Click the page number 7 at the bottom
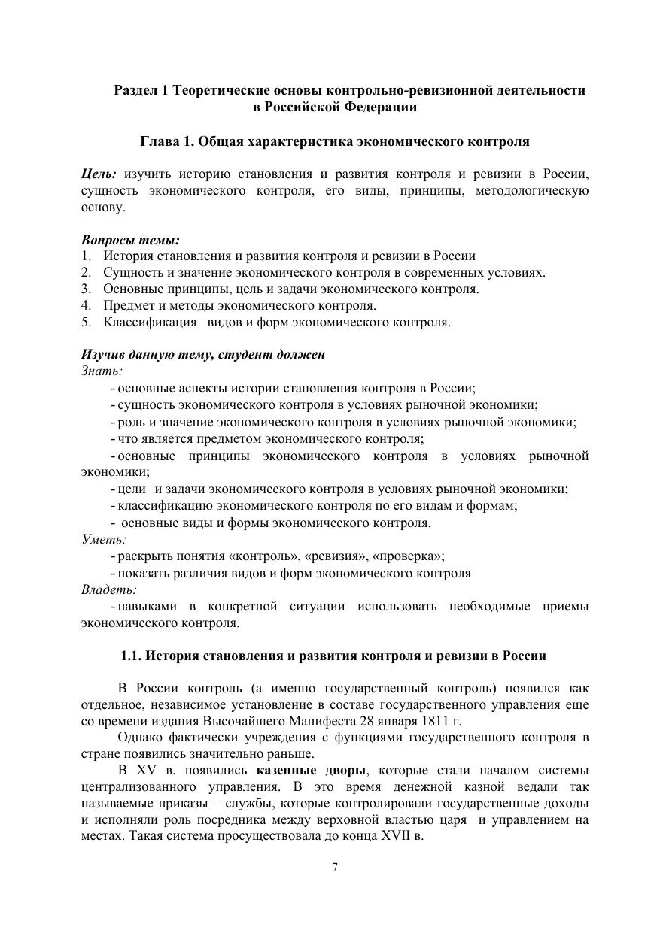pos(335,868)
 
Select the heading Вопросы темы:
pos(130,241)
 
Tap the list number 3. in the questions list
pos(87,289)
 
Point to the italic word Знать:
pos(102,371)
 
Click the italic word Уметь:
pos(103,539)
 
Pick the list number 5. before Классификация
pos(87,322)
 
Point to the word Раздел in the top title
pos(135,90)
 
